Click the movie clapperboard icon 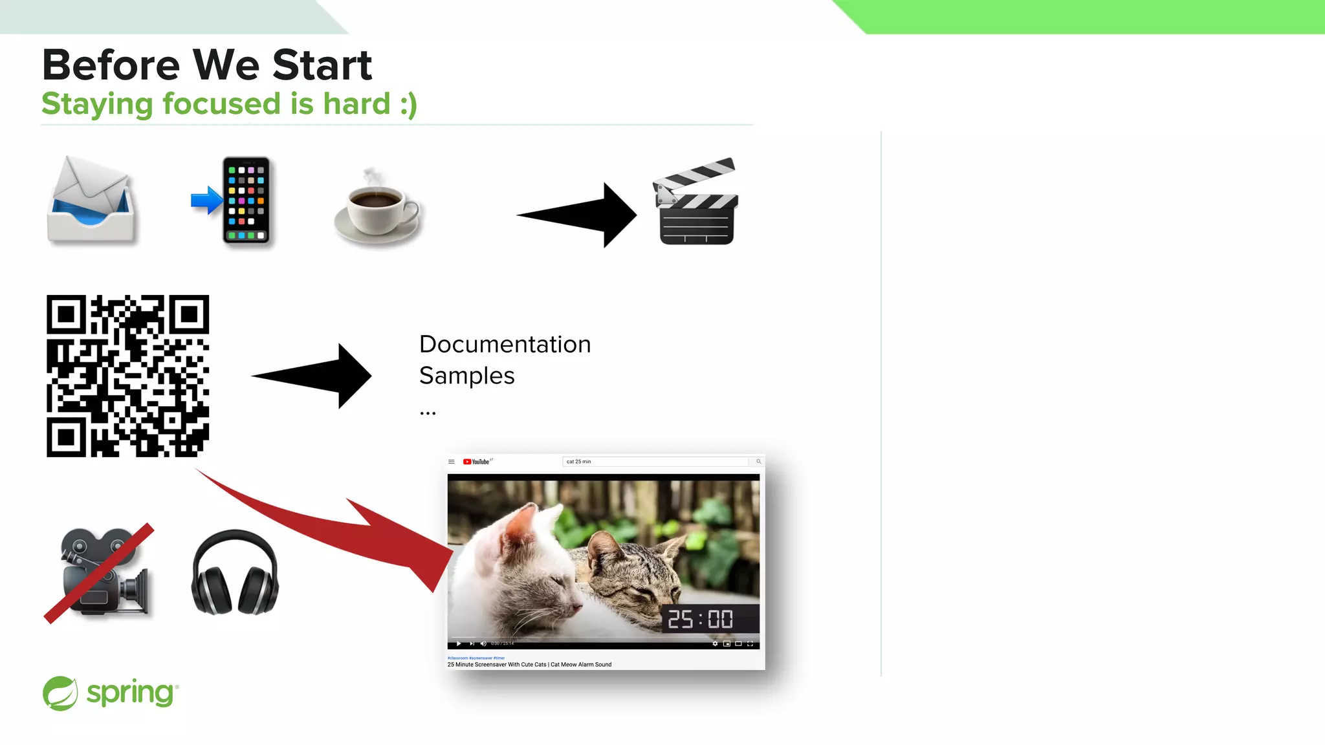[x=696, y=202]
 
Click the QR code [x=127, y=376]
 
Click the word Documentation [x=505, y=345]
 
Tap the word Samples [x=466, y=376]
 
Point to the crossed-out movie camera [x=101, y=573]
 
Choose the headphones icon [x=235, y=573]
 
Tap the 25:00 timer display [x=701, y=620]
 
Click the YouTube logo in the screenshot [x=477, y=462]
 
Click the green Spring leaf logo [x=60, y=693]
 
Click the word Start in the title [x=322, y=65]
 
